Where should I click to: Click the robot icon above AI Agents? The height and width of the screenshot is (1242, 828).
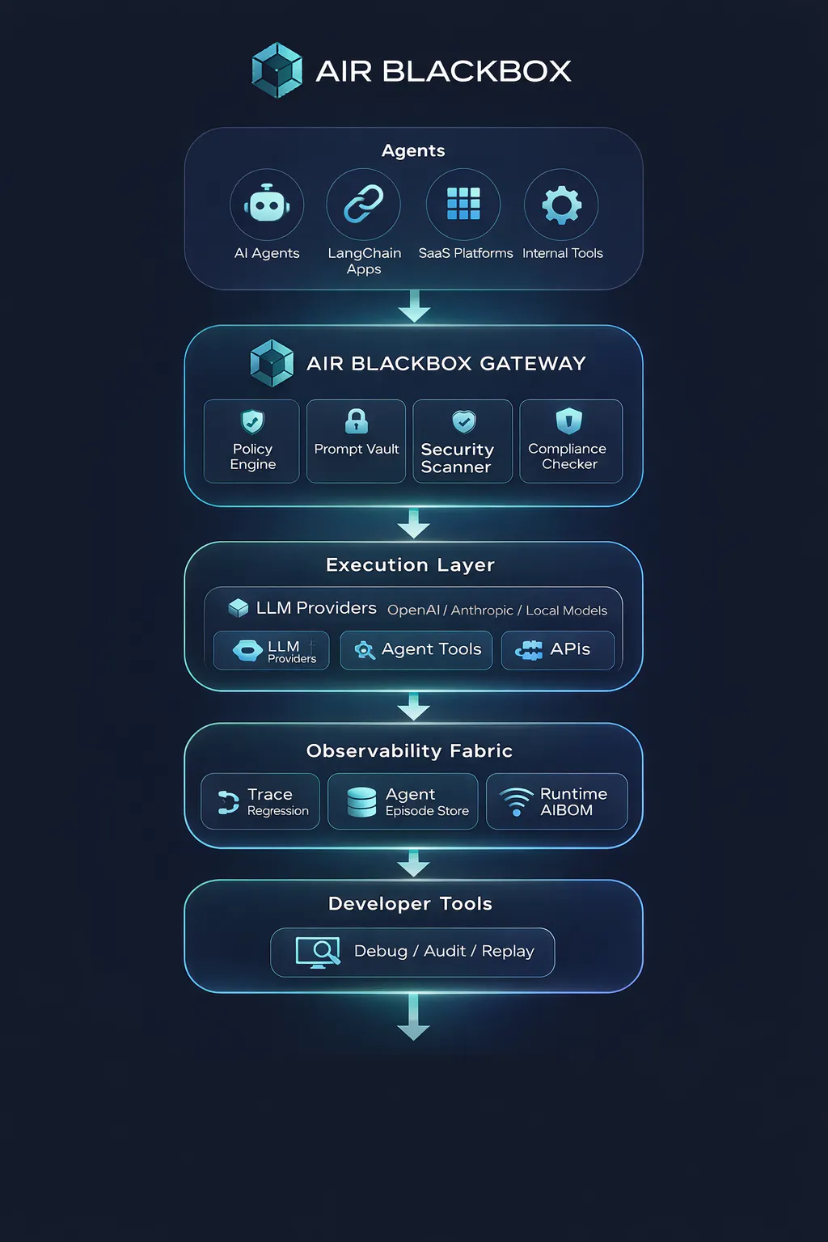(x=267, y=204)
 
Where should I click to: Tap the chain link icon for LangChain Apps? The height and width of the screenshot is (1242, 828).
(x=363, y=204)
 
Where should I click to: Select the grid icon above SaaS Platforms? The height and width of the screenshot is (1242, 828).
(x=463, y=204)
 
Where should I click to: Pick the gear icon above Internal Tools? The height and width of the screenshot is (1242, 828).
(x=561, y=205)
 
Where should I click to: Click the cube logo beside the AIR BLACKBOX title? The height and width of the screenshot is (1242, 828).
(x=277, y=70)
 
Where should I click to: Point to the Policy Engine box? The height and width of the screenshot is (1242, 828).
(x=251, y=441)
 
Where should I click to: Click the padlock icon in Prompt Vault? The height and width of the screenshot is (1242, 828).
(x=356, y=420)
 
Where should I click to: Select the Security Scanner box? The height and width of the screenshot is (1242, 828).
(x=463, y=441)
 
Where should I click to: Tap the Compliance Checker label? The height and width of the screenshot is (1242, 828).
(x=568, y=456)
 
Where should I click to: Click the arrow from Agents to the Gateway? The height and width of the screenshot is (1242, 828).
(x=414, y=306)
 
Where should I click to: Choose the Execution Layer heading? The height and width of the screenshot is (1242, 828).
(x=410, y=564)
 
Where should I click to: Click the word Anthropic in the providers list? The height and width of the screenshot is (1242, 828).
(x=482, y=610)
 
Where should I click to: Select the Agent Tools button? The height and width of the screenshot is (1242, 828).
(x=416, y=650)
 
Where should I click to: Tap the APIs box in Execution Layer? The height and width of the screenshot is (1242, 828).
(x=558, y=650)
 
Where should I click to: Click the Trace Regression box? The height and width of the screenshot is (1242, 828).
(x=260, y=801)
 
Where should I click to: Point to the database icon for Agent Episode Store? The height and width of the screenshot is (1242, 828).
(x=361, y=802)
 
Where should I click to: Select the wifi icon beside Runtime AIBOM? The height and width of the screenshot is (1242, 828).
(x=517, y=802)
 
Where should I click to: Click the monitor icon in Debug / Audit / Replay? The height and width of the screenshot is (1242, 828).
(x=318, y=953)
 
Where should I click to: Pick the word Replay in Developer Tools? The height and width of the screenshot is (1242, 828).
(x=508, y=951)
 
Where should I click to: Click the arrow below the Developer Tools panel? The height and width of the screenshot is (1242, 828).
(x=414, y=1017)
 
